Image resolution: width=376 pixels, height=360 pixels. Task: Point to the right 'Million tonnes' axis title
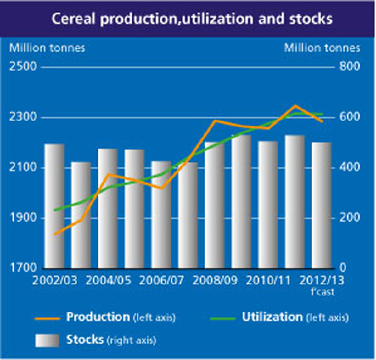[x=322, y=47]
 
